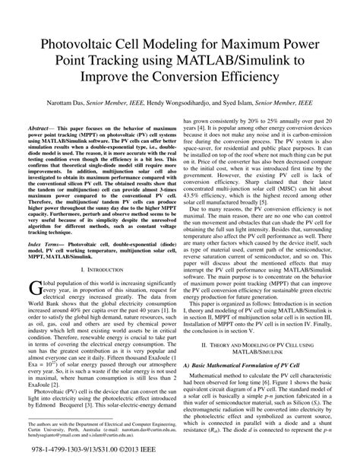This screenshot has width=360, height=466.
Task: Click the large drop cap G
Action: (33, 307)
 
